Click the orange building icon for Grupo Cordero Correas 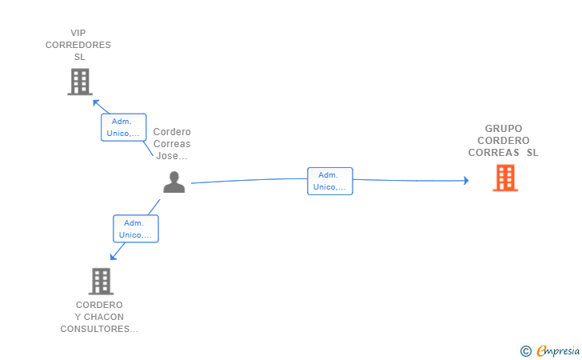point(505,178)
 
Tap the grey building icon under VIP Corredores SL point(80,82)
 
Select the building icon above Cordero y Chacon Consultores point(101,281)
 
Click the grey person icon point(173,182)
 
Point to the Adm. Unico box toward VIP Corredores point(124,127)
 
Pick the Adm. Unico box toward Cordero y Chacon point(136,229)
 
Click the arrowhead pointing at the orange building point(464,181)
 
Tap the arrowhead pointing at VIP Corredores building point(97,102)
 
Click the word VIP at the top point(78,33)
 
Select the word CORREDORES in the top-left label point(78,45)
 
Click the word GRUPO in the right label point(504,128)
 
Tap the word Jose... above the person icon point(172,156)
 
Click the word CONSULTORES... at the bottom point(99,329)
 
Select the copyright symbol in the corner point(525,350)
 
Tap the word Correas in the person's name point(172,144)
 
